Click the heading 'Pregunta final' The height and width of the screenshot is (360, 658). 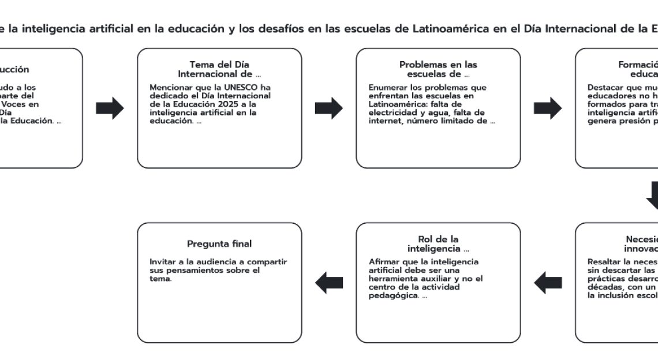click(219, 244)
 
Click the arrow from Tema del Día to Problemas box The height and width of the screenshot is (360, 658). click(328, 108)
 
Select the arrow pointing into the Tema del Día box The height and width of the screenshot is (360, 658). click(110, 108)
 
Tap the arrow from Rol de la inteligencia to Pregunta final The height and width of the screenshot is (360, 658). click(328, 283)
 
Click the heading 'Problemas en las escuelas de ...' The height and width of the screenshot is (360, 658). click(438, 69)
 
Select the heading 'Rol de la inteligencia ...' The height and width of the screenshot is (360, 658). click(438, 244)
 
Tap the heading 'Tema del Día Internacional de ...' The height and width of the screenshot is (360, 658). click(219, 69)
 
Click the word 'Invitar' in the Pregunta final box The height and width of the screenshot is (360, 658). click(164, 262)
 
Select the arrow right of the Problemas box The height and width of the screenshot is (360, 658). click(547, 108)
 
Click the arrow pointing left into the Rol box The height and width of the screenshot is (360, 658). click(547, 283)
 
